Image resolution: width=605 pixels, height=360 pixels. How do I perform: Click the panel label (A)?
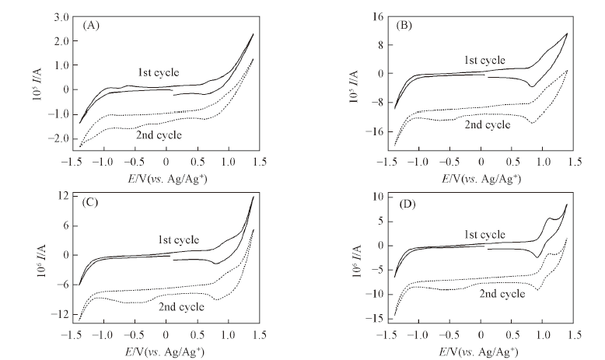click(92, 25)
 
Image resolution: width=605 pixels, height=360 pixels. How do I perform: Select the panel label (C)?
click(92, 204)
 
